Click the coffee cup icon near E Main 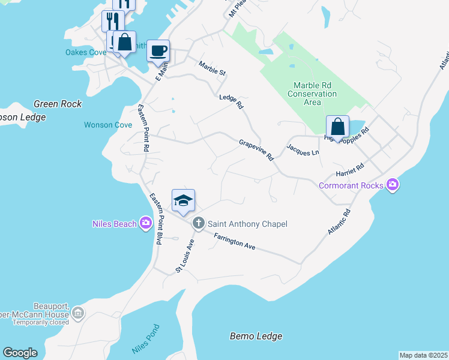[158, 50]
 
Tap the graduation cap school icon [183, 200]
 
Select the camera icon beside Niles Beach [146, 224]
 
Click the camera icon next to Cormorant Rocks [393, 185]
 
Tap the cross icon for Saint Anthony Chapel [199, 224]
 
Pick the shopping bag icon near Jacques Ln [337, 127]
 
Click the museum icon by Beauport [78, 313]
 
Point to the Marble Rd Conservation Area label [312, 94]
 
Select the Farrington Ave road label [235, 242]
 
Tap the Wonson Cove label [107, 125]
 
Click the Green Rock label [58, 104]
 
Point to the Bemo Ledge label [256, 336]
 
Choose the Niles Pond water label [145, 338]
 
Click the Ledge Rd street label [231, 101]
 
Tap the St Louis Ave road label [185, 256]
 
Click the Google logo [20, 353]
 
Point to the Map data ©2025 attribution [423, 355]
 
